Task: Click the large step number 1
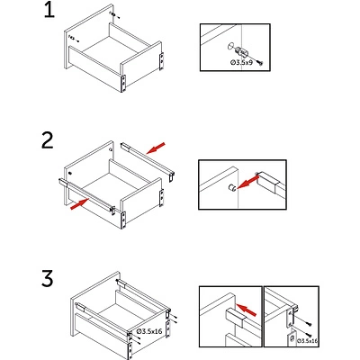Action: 49,11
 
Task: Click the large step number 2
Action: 48,141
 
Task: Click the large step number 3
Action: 48,278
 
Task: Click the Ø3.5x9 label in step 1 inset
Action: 242,63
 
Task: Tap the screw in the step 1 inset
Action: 260,63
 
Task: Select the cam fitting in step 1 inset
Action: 241,52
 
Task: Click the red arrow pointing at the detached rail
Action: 156,148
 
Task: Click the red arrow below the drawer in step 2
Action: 80,204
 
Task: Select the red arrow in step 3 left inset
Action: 247,310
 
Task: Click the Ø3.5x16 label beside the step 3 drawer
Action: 149,331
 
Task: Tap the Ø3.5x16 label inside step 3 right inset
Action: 307,341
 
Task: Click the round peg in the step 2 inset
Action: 232,188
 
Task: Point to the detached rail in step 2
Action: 148,162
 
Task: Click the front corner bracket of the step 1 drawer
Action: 123,83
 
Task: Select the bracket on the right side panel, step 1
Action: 161,61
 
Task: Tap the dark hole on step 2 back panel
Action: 70,174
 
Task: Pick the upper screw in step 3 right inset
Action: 309,324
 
